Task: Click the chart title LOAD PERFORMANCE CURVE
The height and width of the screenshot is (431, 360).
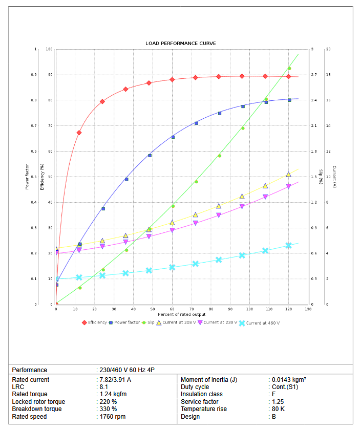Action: point(180,44)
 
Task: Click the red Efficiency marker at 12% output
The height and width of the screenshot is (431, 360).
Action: point(79,133)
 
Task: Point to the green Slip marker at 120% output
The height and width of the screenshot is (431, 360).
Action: point(289,69)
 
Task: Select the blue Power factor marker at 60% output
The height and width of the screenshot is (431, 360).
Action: point(173,137)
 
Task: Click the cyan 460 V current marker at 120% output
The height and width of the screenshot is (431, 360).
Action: point(289,246)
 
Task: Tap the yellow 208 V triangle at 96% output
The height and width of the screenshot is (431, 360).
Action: point(242,196)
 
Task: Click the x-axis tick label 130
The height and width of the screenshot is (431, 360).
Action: point(308,309)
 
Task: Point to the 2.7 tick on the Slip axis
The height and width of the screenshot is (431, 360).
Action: point(314,75)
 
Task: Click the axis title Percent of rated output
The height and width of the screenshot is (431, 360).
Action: point(181,314)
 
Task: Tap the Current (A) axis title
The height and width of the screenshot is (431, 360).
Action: point(334,177)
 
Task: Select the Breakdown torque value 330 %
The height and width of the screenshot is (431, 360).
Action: point(108,409)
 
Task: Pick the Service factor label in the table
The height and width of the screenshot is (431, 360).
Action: point(199,402)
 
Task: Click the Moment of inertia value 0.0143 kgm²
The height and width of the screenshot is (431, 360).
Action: point(289,380)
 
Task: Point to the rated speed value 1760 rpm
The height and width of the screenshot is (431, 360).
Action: point(113,417)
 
